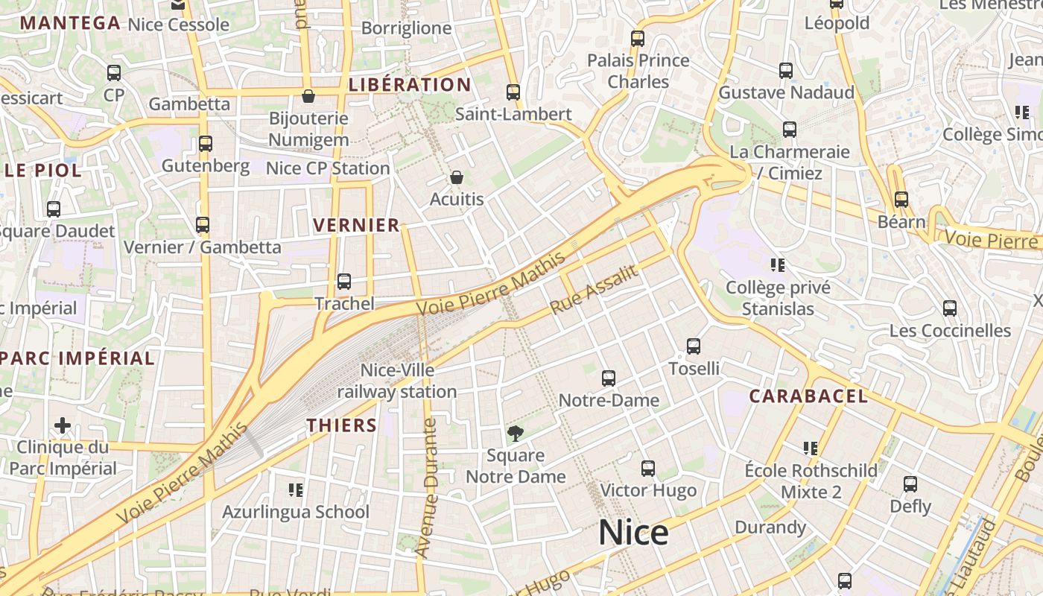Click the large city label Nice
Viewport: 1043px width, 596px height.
pos(633,533)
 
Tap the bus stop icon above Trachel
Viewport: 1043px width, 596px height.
pos(344,282)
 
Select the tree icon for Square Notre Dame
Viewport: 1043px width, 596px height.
pos(515,433)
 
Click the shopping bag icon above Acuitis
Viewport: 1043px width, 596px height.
pos(457,177)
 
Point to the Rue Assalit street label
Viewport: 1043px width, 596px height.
pos(594,289)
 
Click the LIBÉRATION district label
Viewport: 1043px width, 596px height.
pos(410,85)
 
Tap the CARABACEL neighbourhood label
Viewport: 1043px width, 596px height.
pos(808,396)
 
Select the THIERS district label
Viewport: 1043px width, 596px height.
pos(342,425)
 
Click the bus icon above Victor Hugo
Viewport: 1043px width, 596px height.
pos(648,469)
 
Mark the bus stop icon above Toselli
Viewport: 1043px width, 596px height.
pos(694,346)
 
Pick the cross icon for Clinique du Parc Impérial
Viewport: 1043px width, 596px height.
pos(63,425)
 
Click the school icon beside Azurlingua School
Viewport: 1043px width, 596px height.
pos(296,489)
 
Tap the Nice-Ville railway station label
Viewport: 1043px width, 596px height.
pos(397,381)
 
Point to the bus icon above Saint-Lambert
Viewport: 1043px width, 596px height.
pos(513,92)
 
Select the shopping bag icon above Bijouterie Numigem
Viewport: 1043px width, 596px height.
pos(308,96)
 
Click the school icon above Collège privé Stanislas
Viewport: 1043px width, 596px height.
pos(778,265)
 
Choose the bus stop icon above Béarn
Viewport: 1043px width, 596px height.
pos(901,200)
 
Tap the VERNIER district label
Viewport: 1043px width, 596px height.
pos(357,226)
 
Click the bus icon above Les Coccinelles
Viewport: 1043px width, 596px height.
pos(950,308)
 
